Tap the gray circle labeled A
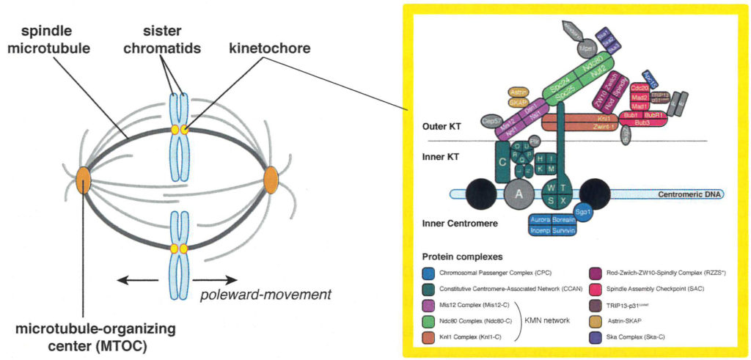pyautogui.click(x=520, y=194)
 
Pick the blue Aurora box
pyautogui.click(x=541, y=219)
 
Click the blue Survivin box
pyautogui.click(x=566, y=229)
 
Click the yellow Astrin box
pyautogui.click(x=519, y=92)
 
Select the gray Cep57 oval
pyautogui.click(x=491, y=122)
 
